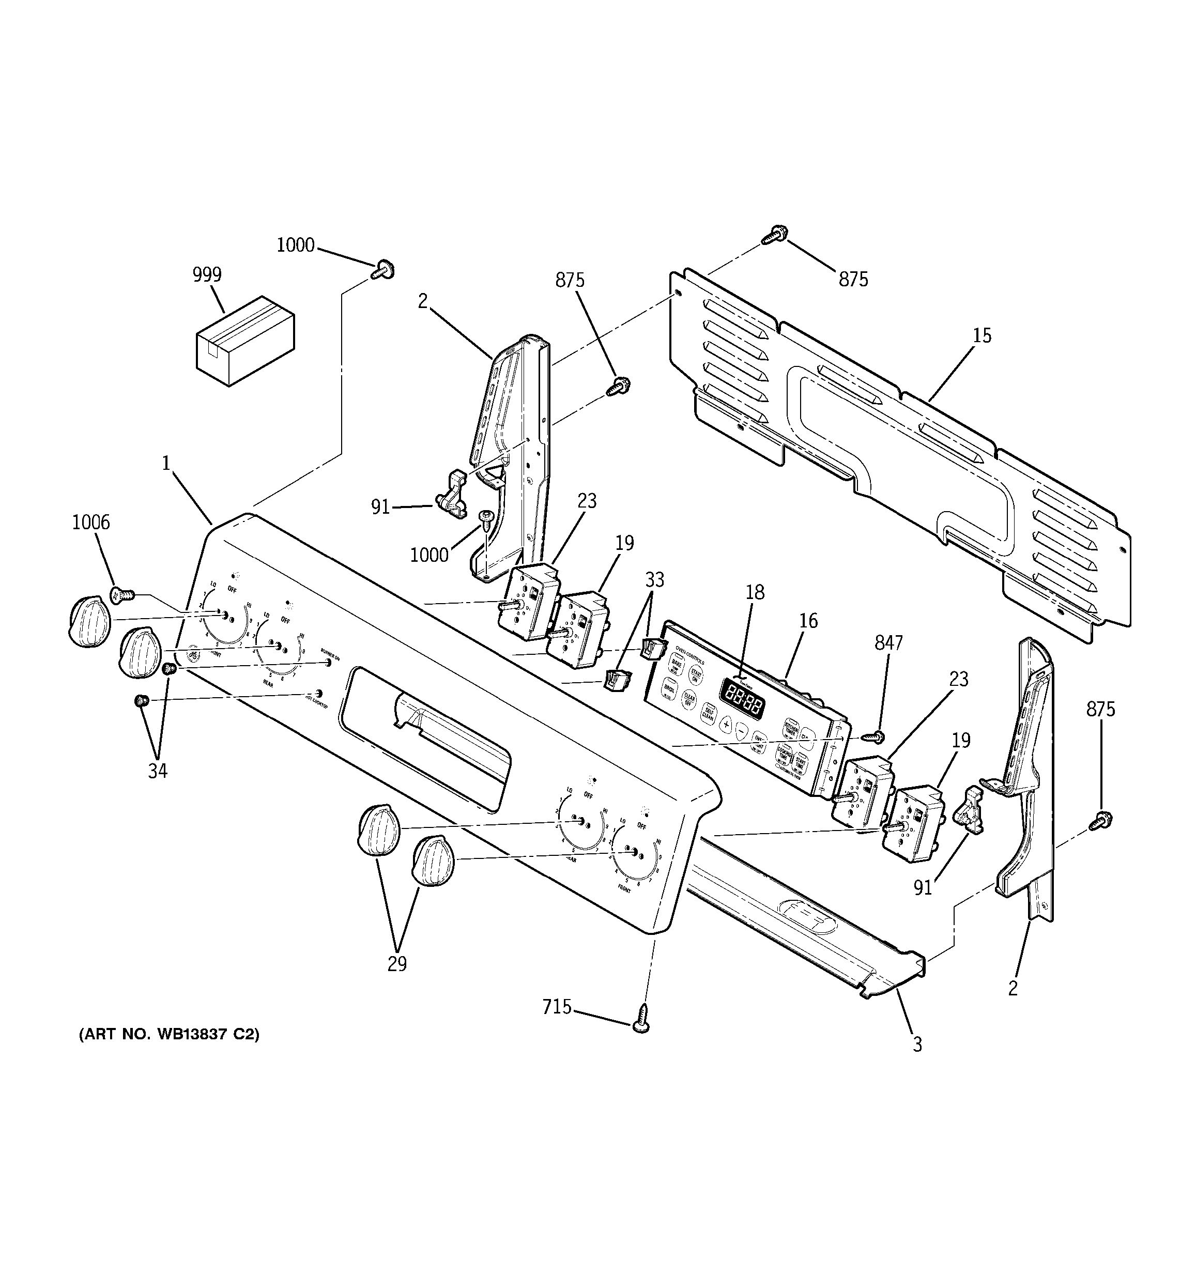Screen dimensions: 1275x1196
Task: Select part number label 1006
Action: [91, 523]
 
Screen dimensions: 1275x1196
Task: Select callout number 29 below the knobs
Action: [397, 963]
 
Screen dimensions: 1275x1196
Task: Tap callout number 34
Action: [158, 771]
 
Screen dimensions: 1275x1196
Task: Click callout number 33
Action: [654, 580]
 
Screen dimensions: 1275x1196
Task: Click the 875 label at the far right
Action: [1100, 709]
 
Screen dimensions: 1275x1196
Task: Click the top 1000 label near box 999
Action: [296, 245]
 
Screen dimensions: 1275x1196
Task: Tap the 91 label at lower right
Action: [922, 888]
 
